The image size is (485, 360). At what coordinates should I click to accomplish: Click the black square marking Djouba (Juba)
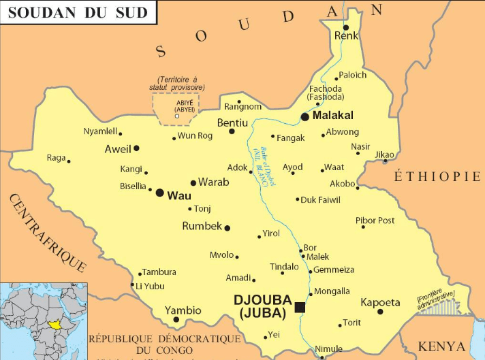tap(300, 308)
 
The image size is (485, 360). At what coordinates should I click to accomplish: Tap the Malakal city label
tap(333, 116)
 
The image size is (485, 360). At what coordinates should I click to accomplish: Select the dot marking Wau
tap(159, 193)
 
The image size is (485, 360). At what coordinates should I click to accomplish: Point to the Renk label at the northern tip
tap(346, 36)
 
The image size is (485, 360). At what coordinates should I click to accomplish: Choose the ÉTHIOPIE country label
tap(437, 177)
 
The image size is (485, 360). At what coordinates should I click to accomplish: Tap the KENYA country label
tap(441, 346)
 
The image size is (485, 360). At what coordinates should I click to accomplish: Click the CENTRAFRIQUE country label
tap(46, 232)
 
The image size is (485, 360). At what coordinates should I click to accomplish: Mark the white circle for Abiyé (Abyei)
tap(177, 116)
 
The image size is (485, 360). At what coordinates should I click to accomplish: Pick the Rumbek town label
tap(202, 226)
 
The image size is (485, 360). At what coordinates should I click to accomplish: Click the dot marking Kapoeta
tap(380, 312)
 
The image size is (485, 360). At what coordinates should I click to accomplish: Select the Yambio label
tap(183, 310)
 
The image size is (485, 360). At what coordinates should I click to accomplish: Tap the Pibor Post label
tap(375, 220)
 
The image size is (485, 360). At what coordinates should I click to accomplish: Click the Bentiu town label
tap(232, 123)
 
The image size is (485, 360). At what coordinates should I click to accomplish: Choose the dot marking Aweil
tap(136, 148)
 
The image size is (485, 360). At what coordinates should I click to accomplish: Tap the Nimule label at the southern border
tap(328, 349)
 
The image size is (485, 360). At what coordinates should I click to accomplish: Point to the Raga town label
tap(56, 158)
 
